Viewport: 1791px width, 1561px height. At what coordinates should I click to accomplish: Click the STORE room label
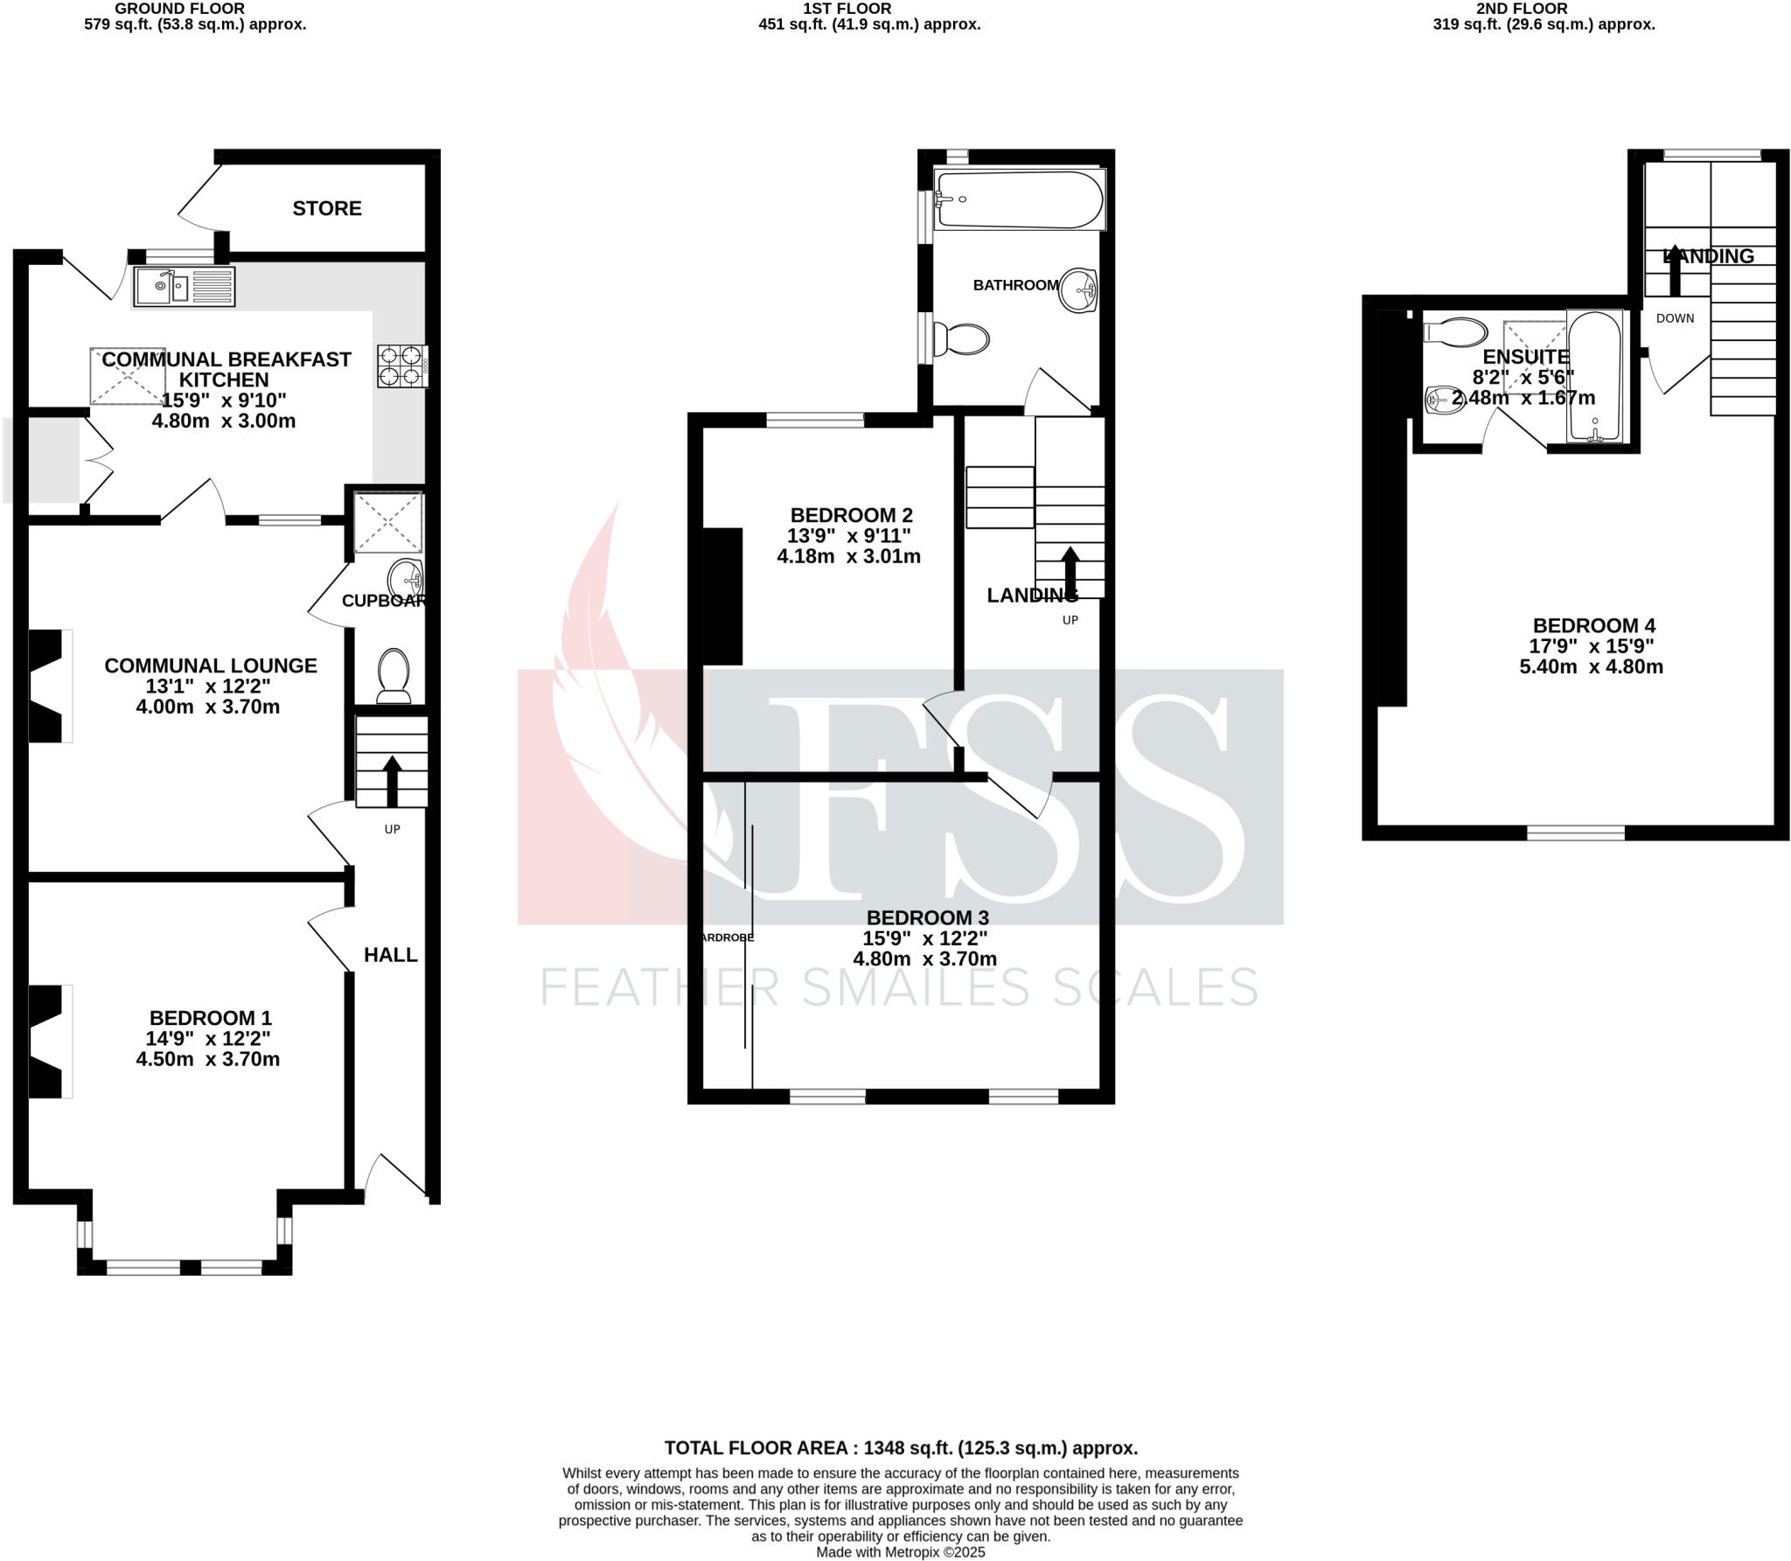pos(326,208)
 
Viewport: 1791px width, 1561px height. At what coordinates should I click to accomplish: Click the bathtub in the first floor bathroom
pos(1018,199)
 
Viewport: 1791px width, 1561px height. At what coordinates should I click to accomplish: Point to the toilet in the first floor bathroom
pos(962,339)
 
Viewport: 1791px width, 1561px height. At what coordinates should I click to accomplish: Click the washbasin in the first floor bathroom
pos(1078,289)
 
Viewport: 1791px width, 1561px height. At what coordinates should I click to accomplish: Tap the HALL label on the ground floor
pos(390,954)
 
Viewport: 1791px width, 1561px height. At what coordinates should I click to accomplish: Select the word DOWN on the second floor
pos(1675,318)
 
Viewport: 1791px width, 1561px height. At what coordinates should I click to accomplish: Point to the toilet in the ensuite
pos(1455,331)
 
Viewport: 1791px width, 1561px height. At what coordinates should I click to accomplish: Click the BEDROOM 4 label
pos(1593,625)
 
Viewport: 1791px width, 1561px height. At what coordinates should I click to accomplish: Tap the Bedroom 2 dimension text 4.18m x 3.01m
pos(848,556)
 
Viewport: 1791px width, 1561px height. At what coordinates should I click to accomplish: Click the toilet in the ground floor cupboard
pos(394,675)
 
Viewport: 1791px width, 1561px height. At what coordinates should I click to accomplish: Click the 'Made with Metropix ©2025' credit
pos(900,1551)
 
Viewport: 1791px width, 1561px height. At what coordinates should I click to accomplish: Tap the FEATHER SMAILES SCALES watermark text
pos(899,987)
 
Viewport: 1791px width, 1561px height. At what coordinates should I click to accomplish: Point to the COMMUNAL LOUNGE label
pos(210,666)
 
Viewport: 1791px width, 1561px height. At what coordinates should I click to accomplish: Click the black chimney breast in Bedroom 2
pos(722,596)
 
